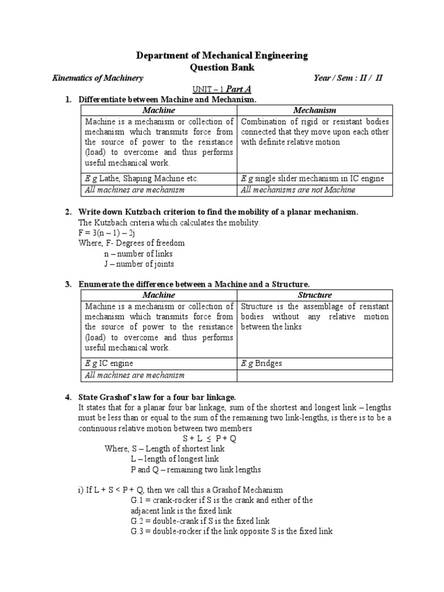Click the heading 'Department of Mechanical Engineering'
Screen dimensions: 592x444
point(221,55)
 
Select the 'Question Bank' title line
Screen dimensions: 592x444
point(222,67)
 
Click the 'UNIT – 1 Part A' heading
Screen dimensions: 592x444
point(221,90)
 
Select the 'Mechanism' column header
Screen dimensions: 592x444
point(314,110)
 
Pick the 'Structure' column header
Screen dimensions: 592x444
point(314,295)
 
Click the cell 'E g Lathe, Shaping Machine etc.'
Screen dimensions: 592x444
point(142,179)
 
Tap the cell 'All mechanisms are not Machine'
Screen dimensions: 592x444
point(298,190)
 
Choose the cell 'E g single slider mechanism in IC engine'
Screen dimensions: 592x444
point(311,179)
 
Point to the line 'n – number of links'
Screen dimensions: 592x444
point(138,254)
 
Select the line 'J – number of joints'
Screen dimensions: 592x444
point(139,264)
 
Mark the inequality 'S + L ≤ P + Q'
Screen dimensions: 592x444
point(222,438)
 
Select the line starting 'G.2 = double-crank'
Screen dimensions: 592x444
point(214,521)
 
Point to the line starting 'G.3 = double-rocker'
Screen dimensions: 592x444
point(232,531)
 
